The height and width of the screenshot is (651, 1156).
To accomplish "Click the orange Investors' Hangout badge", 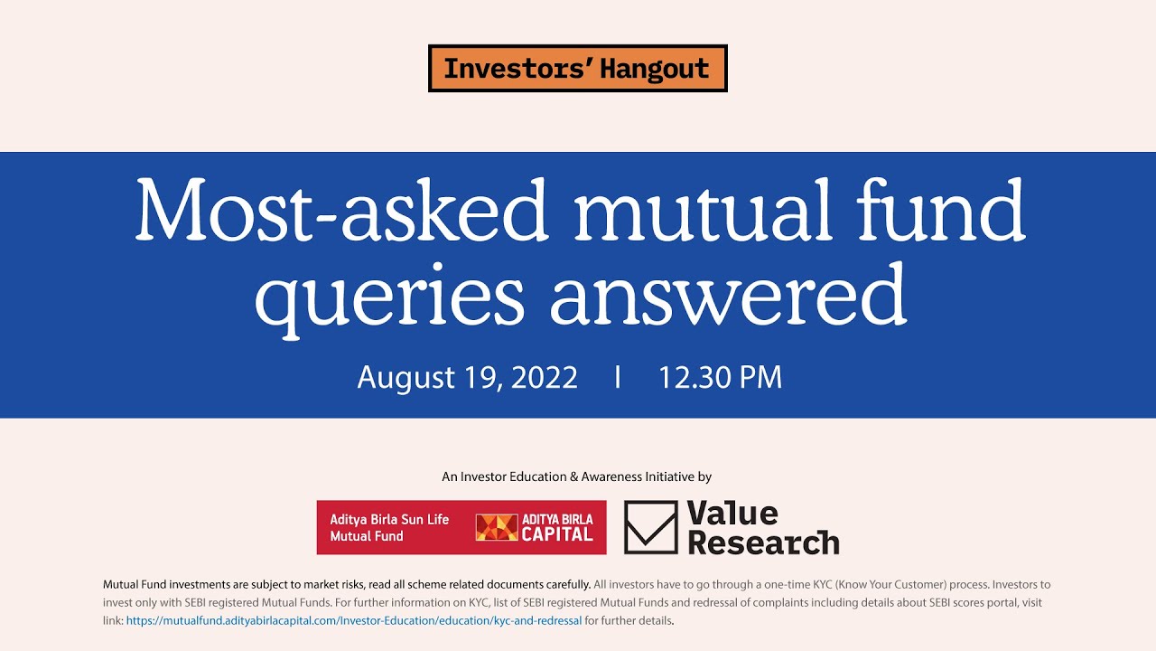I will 577,69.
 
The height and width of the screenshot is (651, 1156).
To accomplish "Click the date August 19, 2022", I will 467,377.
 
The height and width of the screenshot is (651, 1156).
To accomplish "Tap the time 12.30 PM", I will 720,377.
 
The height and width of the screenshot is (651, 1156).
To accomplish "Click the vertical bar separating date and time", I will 618,377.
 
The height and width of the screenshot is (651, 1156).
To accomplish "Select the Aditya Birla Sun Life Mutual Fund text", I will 389,528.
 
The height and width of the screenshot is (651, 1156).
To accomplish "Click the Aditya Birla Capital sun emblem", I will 496,528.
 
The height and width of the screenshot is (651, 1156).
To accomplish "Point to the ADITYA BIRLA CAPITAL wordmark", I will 557,528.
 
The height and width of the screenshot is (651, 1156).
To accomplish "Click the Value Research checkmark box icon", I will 650,527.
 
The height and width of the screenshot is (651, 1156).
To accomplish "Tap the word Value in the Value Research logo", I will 732,514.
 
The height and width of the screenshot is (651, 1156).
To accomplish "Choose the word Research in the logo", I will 763,542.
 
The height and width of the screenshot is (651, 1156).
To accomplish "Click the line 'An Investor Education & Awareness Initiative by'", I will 577,476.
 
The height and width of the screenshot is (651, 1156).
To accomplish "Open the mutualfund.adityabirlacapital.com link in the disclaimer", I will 354,621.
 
